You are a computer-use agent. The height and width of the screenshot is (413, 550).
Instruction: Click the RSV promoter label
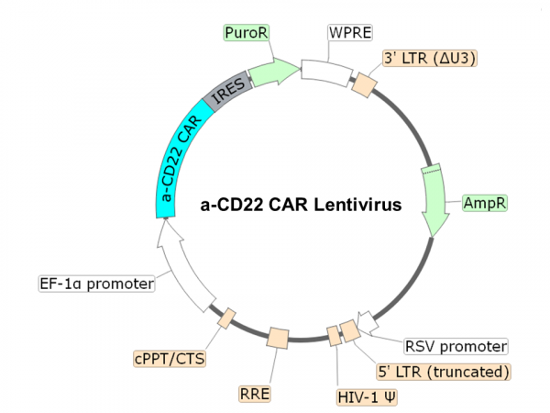pos(456,347)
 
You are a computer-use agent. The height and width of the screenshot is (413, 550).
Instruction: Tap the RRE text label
pos(256,393)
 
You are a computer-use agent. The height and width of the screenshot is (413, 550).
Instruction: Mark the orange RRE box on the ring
pos(278,339)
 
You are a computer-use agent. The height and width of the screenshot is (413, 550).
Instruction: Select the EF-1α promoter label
pos(95,283)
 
